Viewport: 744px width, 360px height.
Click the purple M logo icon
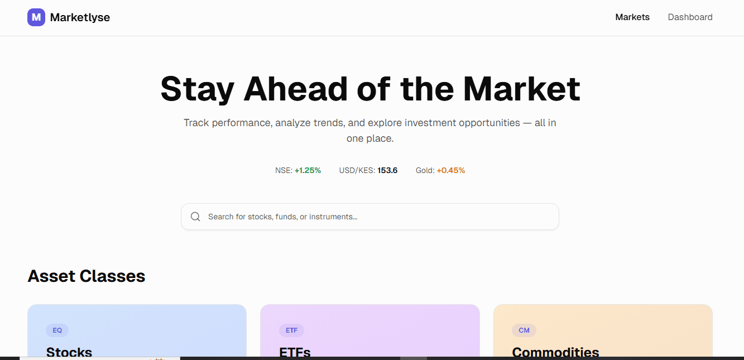(x=36, y=17)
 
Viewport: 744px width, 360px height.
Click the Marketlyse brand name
(x=80, y=17)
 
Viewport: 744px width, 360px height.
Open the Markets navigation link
(x=632, y=17)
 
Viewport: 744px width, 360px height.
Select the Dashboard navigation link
(x=690, y=17)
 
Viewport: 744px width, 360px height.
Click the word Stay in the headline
(x=196, y=89)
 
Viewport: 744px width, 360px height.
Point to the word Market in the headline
(x=521, y=89)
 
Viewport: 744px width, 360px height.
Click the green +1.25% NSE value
(x=308, y=170)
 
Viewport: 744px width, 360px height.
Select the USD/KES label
(x=357, y=170)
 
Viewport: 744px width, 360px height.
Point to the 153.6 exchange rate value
(x=387, y=170)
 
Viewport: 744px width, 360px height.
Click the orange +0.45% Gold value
(x=450, y=170)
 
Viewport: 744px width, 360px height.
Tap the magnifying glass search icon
(x=195, y=217)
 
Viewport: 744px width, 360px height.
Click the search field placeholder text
(x=282, y=217)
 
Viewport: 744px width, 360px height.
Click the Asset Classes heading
(x=87, y=276)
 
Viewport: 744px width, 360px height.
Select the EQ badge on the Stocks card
(x=57, y=330)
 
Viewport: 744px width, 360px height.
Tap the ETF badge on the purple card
(x=291, y=330)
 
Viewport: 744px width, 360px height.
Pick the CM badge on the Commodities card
(x=524, y=330)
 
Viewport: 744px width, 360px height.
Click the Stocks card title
(x=69, y=352)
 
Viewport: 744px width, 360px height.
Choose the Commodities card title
(x=555, y=352)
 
